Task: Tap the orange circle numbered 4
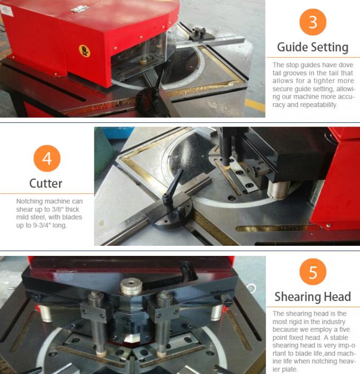click(47, 158)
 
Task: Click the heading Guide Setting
click(312, 47)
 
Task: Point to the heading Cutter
click(46, 183)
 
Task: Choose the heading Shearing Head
click(312, 297)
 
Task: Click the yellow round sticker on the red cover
click(84, 50)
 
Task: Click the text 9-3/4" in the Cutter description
click(43, 225)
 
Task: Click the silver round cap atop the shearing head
click(130, 286)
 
